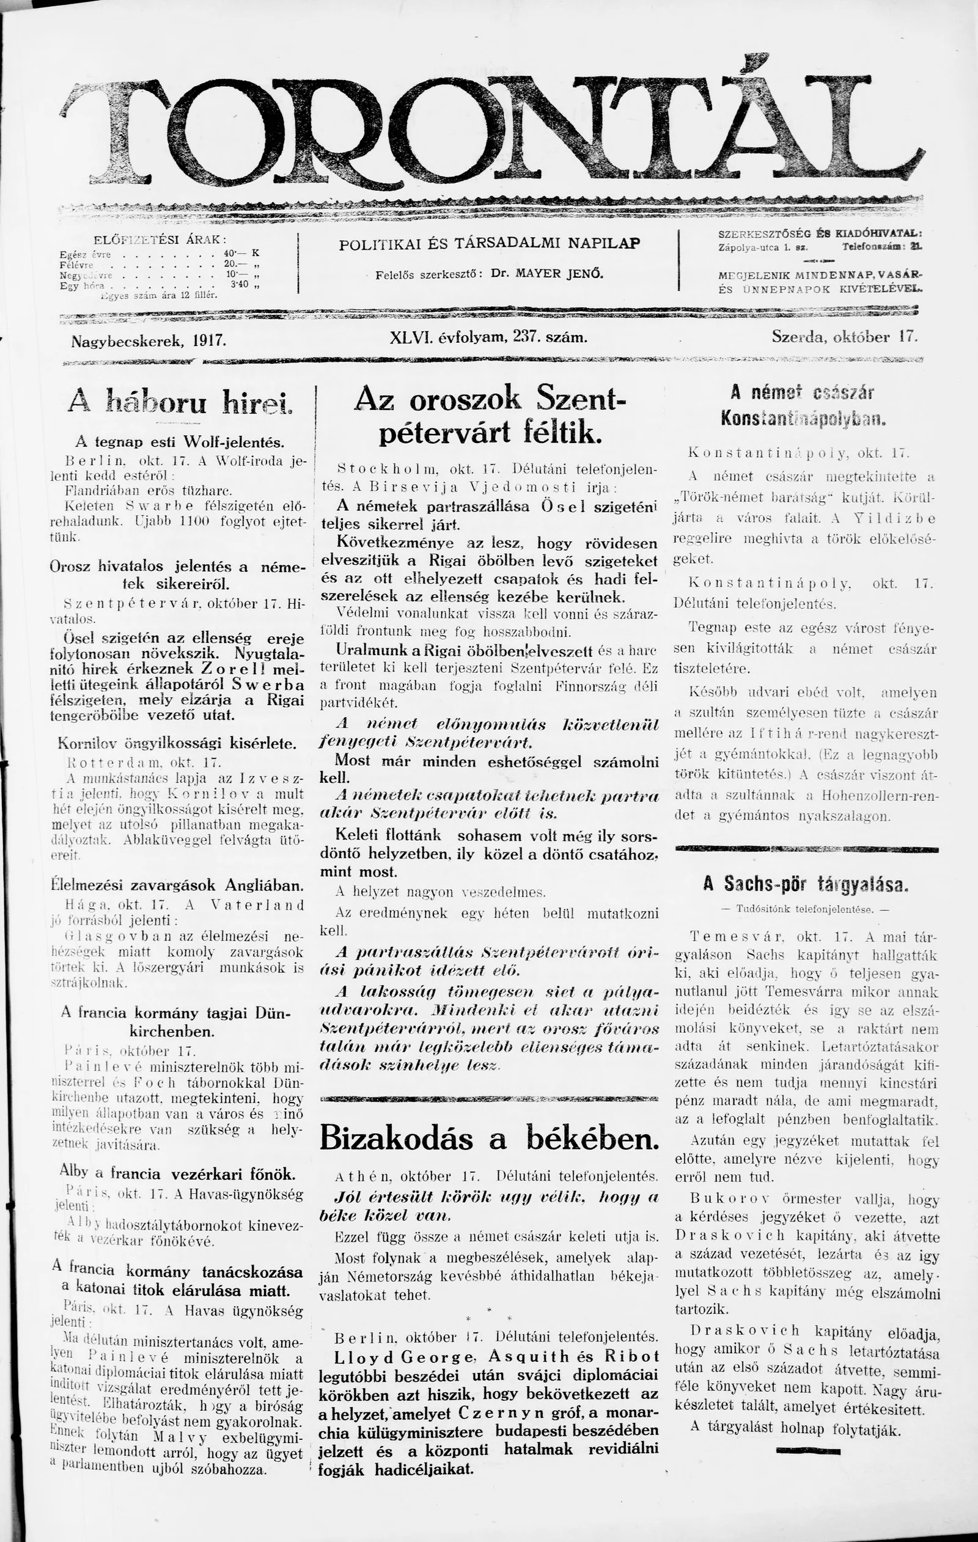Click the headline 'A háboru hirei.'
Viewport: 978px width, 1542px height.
point(180,403)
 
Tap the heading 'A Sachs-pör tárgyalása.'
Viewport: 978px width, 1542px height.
point(806,884)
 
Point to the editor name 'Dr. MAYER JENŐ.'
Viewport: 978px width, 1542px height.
point(548,273)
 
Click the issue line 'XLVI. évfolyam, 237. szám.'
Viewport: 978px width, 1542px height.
point(488,337)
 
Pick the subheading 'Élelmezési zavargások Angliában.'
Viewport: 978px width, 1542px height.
point(178,886)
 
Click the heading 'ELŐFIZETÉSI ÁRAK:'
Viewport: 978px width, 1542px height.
point(160,240)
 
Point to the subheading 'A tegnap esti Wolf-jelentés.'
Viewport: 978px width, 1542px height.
point(180,442)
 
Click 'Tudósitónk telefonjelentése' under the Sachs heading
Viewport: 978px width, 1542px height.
point(805,909)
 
